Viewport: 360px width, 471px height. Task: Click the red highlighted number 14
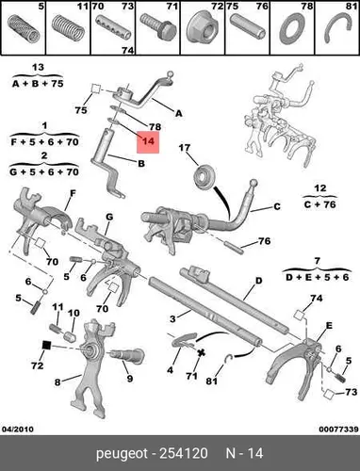(x=148, y=141)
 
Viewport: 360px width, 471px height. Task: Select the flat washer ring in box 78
(x=293, y=30)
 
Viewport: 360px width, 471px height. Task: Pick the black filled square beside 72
(x=46, y=346)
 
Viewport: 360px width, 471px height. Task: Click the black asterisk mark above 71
(x=201, y=352)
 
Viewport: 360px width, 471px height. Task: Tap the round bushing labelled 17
(x=205, y=175)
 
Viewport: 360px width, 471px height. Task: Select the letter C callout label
(x=276, y=206)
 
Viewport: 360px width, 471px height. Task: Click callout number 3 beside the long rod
(x=172, y=319)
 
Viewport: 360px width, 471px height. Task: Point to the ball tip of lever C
(x=254, y=183)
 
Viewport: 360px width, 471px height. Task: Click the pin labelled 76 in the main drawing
(x=235, y=248)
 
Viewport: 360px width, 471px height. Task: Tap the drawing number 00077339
(x=338, y=429)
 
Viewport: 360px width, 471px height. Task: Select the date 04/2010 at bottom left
(x=18, y=429)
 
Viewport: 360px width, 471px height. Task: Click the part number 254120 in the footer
(x=184, y=453)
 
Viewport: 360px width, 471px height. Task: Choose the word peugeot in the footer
(x=122, y=454)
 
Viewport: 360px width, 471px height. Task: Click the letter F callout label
(x=73, y=193)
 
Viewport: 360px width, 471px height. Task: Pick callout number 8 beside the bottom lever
(x=57, y=382)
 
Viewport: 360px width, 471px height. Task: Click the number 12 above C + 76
(x=319, y=188)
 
